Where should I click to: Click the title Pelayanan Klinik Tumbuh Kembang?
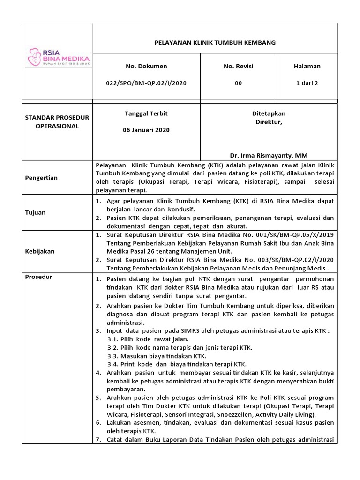point(215,42)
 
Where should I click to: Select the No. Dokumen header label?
point(146,66)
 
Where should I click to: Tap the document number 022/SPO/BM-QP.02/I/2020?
point(146,83)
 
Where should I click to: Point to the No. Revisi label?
point(239,66)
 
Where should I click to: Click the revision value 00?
point(239,83)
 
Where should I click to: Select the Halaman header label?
point(307,66)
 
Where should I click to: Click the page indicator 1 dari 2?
point(307,83)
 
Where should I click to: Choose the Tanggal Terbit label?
point(146,113)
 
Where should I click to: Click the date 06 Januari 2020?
point(146,130)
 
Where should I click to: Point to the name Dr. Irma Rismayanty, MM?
point(269,155)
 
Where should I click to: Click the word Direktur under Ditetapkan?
point(268,122)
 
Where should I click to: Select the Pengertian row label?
point(42,178)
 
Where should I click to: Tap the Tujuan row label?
point(36,212)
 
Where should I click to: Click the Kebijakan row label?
point(40,251)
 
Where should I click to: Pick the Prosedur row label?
point(39,277)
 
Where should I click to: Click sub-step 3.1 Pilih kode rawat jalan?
point(148,339)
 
